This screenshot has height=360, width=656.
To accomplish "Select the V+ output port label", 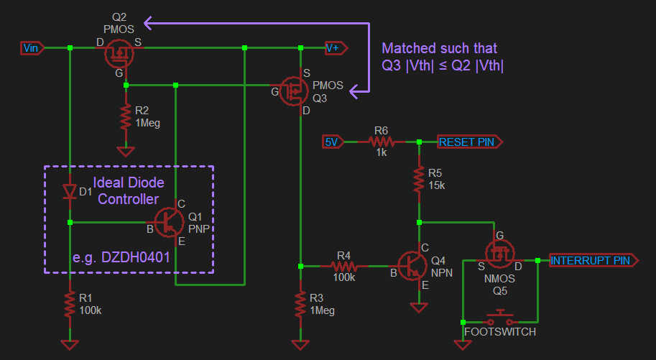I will [x=336, y=48].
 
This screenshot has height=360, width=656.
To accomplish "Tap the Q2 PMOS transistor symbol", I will [x=118, y=53].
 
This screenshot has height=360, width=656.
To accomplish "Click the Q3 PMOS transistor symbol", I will [x=294, y=91].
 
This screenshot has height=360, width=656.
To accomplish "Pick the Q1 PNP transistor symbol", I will [x=169, y=223].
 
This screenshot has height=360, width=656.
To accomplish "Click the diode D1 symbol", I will [x=70, y=192].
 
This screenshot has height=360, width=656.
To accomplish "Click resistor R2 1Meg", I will [x=126, y=116].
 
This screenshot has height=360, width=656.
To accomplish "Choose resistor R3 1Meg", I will [x=300, y=305].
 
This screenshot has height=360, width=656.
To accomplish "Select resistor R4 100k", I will [x=343, y=265].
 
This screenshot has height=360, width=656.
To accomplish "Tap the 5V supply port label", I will [x=331, y=142].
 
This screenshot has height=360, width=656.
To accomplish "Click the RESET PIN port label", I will [x=467, y=142].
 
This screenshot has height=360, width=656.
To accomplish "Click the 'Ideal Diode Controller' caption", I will [x=129, y=190].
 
